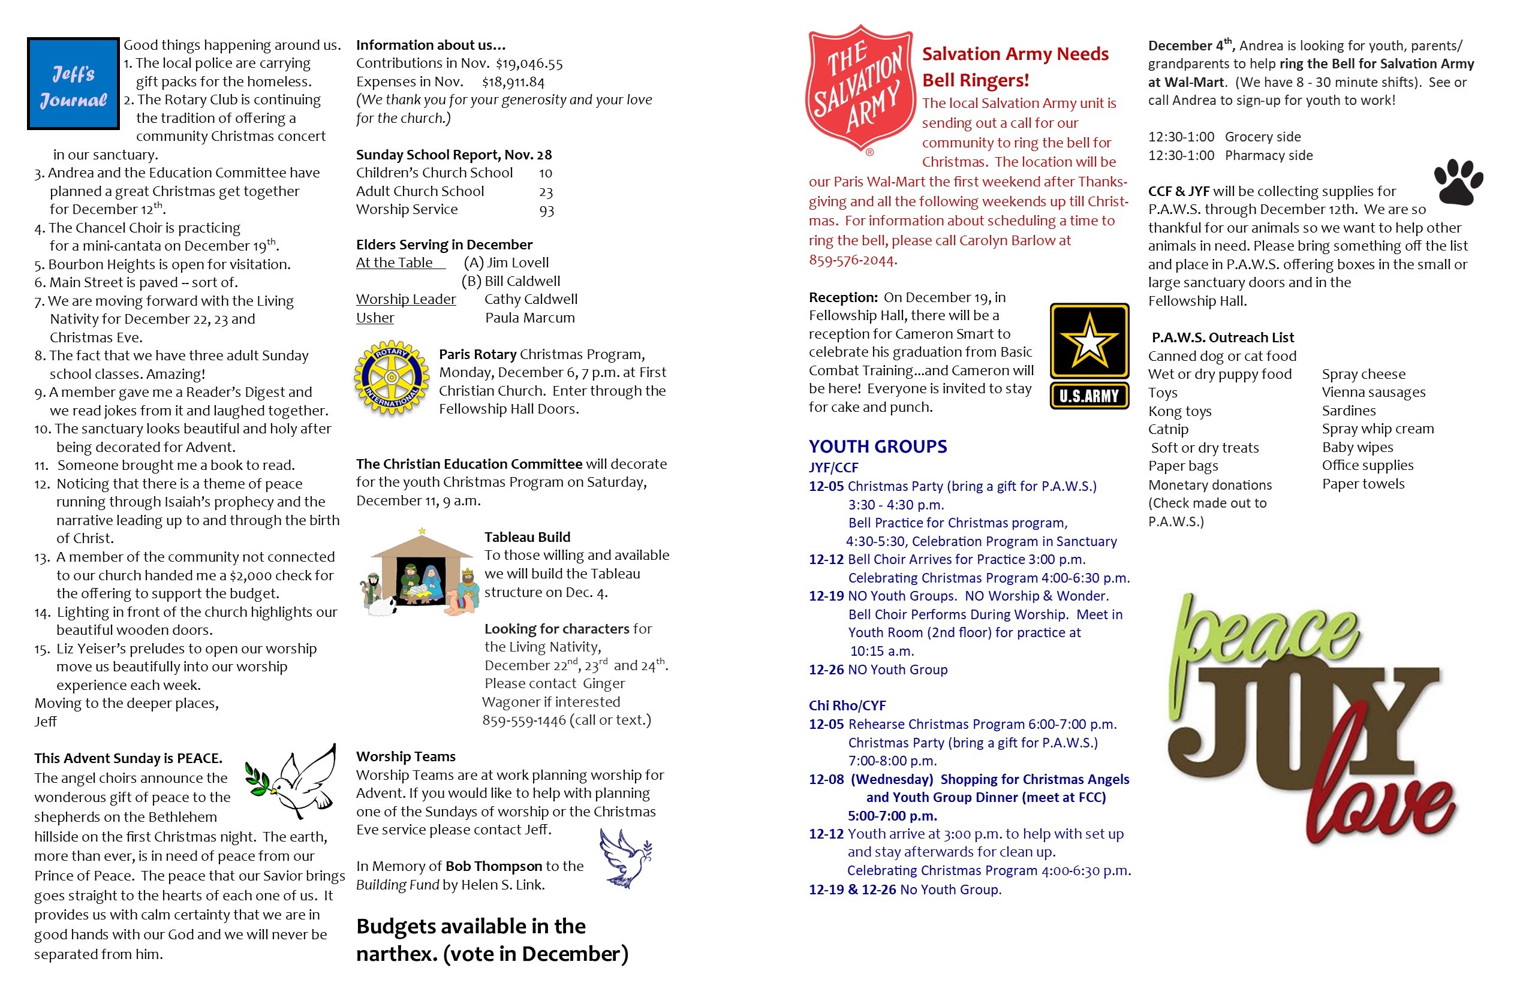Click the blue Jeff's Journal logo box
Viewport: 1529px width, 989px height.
pos(73,83)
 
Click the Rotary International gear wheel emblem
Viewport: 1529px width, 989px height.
pos(391,378)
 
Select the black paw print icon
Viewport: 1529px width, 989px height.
pos(1458,182)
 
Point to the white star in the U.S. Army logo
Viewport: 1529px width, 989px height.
pos(1089,341)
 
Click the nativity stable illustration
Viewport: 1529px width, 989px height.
pos(422,574)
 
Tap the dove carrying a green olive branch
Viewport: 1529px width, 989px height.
pos(293,782)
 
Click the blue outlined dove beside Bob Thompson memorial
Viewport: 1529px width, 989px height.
pos(625,858)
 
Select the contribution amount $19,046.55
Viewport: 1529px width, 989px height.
pos(529,64)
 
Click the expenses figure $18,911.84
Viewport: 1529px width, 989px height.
pos(513,82)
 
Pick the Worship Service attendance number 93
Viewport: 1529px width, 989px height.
pos(546,210)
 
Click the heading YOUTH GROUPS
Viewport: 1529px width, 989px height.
pos(878,447)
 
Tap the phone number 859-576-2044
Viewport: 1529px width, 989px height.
pos(852,260)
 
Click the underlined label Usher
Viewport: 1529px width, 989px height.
pos(375,318)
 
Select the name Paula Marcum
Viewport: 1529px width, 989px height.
pos(529,318)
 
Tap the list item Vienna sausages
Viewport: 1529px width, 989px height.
pos(1374,393)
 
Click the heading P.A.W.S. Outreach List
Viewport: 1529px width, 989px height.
pos(1223,338)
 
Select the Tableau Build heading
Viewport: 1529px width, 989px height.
pos(527,537)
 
